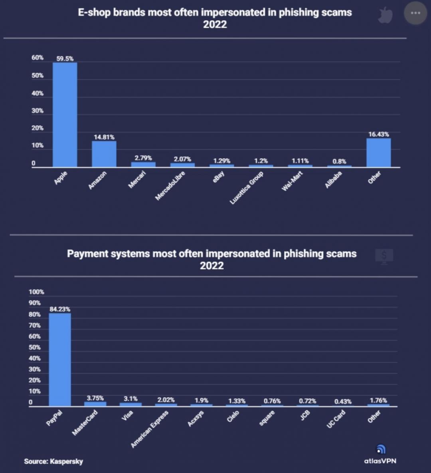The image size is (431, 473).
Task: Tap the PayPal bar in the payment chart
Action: click(60, 360)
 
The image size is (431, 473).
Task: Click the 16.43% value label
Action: click(378, 134)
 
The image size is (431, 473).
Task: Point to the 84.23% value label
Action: click(60, 309)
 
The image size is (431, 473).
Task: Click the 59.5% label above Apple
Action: click(65, 59)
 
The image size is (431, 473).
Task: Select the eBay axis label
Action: click(219, 177)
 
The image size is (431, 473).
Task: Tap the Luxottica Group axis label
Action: click(246, 188)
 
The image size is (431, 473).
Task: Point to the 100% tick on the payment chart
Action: click(36, 292)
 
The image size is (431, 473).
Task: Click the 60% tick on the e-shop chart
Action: click(38, 58)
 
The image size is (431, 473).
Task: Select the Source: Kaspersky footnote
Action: click(53, 461)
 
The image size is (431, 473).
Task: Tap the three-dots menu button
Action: click(415, 13)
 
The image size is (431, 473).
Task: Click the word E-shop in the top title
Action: click(94, 12)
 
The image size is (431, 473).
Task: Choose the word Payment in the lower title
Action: click(87, 254)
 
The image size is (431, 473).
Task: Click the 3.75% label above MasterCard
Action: click(95, 398)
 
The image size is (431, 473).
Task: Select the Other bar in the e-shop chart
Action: click(378, 153)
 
